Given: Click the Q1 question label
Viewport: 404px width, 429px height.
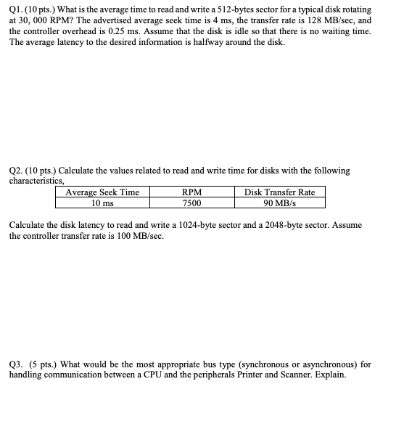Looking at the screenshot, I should pyautogui.click(x=16, y=9).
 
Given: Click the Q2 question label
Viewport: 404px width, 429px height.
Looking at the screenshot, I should pyautogui.click(x=16, y=171).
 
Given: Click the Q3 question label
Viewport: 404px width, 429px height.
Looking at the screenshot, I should pyautogui.click(x=17, y=364).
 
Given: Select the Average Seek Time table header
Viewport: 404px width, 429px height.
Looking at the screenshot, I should pyautogui.click(x=102, y=192).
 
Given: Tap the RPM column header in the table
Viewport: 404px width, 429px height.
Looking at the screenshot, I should pyautogui.click(x=192, y=192).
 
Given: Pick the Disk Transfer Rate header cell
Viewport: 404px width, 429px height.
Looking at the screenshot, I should pyautogui.click(x=280, y=192).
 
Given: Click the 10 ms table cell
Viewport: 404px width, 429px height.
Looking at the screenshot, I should pyautogui.click(x=102, y=203).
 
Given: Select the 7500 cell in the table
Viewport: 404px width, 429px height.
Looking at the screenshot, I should pyautogui.click(x=192, y=203).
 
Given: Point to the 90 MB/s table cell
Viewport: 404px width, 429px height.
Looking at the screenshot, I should pyautogui.click(x=280, y=203).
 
